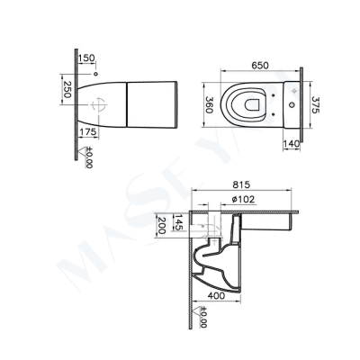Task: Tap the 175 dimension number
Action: click(86, 131)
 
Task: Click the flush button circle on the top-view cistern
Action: click(292, 90)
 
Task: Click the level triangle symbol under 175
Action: click(79, 148)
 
